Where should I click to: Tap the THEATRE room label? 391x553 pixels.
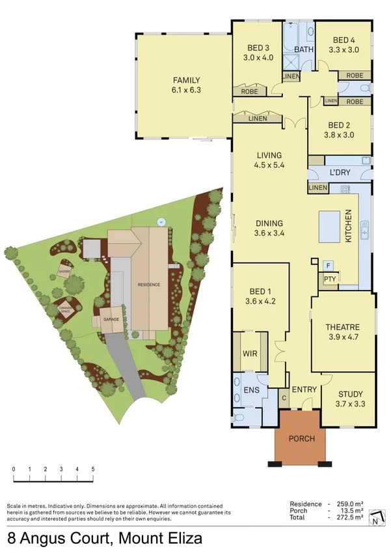[x=342, y=327]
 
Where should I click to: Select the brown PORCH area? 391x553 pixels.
[x=301, y=438]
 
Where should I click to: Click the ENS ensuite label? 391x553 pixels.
[x=251, y=390]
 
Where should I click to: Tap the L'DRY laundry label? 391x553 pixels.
[x=340, y=173]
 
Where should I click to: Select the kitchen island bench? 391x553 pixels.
[x=329, y=227]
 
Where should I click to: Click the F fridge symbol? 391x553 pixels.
[x=329, y=266]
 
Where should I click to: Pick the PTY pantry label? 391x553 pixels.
[x=330, y=279]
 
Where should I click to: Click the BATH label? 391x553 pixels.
[x=304, y=50]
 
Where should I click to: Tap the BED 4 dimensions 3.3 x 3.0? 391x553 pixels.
[x=344, y=50]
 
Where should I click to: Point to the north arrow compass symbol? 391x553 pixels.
[x=375, y=518]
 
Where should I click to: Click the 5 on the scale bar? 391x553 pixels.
[x=93, y=469]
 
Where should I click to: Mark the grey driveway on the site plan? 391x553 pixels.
[x=126, y=365]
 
